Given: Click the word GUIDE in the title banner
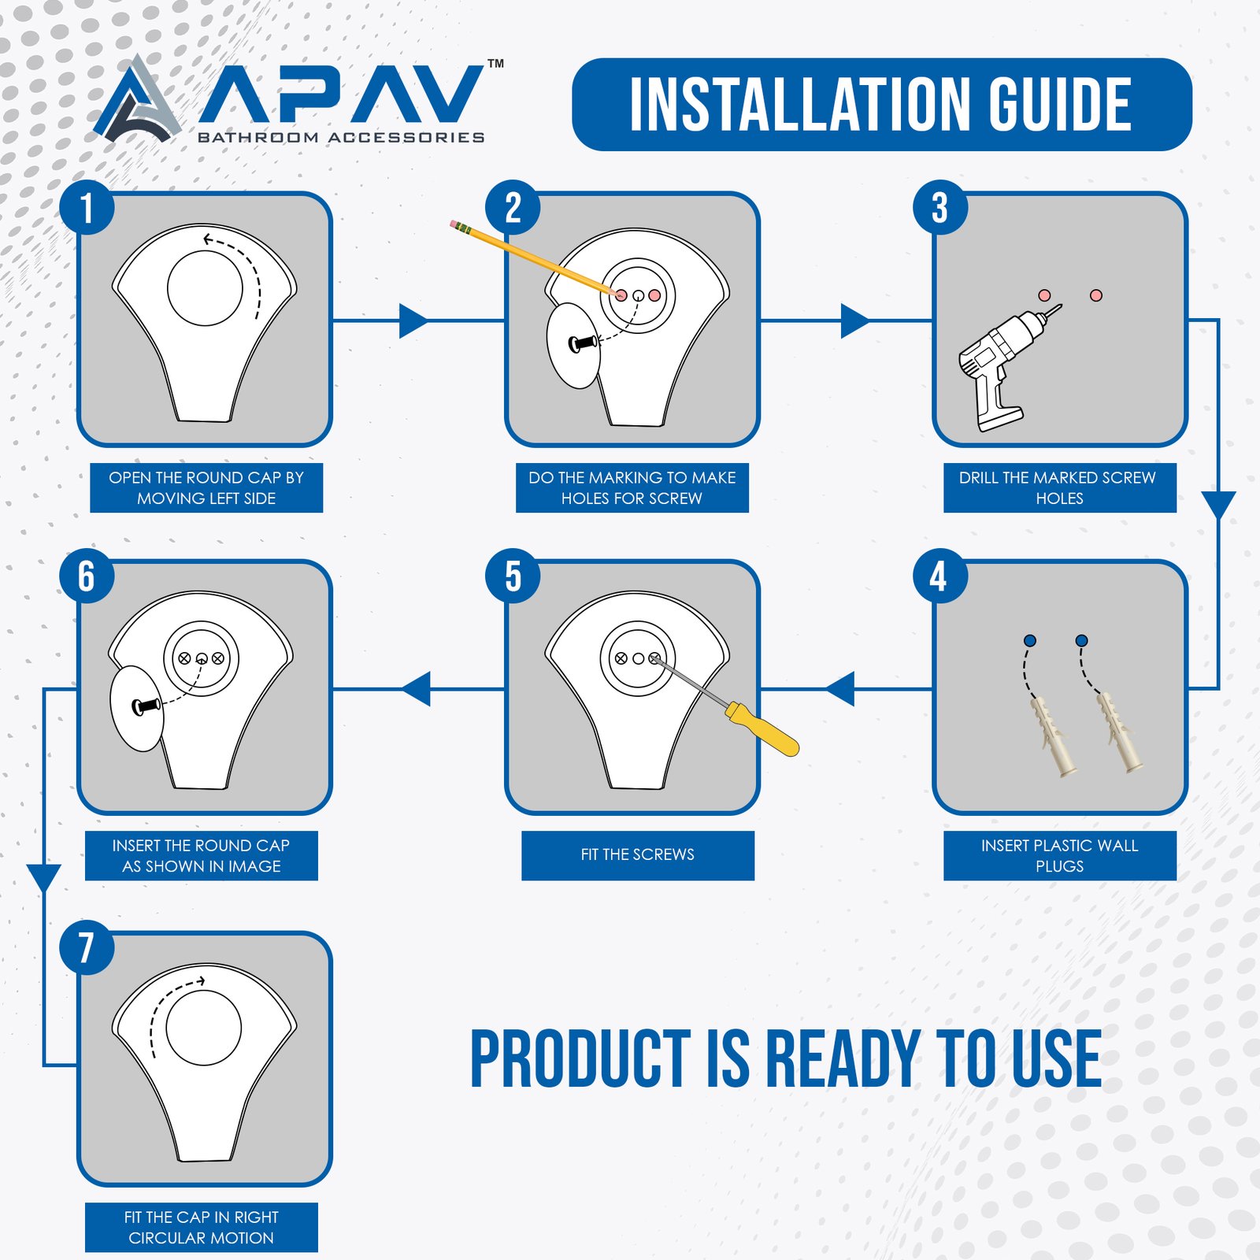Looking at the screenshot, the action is coord(1060,105).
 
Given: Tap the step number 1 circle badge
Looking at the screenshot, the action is coord(87,208).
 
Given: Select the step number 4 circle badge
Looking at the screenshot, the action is coord(939,576).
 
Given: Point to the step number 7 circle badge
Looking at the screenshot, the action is coord(87,947).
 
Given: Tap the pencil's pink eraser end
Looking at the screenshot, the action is coord(454,225).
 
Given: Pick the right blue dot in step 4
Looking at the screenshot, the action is coord(1081,641).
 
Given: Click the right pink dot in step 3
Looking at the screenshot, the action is coord(1096,295).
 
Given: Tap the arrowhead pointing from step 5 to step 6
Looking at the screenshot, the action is coord(416,689).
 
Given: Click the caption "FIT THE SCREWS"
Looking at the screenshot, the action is coord(638,854).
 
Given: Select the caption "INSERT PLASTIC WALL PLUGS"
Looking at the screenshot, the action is coord(1060,855).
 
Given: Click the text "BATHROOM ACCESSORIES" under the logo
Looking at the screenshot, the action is coord(341,138).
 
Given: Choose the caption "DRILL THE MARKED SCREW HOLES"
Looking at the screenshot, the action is coord(1058,487).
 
